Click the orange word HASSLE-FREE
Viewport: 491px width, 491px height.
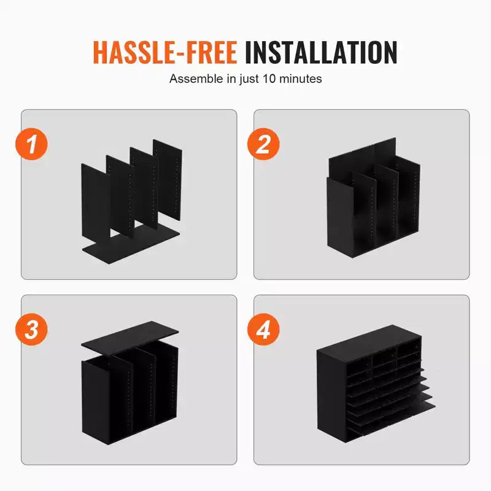click(165, 53)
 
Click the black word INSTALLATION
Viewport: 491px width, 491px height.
click(321, 53)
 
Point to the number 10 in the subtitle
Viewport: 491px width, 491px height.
click(269, 79)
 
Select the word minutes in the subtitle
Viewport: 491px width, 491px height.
click(300, 79)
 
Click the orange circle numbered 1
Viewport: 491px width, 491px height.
click(32, 144)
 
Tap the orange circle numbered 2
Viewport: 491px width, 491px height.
click(263, 144)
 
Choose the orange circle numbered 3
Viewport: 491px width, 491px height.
click(32, 330)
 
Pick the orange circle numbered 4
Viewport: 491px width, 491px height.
click(263, 330)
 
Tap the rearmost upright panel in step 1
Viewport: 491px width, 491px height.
click(168, 179)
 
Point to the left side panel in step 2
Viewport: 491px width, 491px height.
click(340, 216)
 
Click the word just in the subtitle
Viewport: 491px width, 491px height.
click(250, 79)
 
